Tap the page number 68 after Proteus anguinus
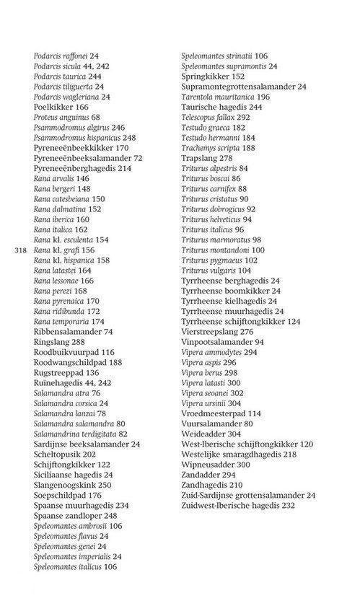(95, 117)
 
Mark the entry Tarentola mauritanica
(225, 97)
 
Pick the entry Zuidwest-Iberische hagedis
(238, 506)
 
